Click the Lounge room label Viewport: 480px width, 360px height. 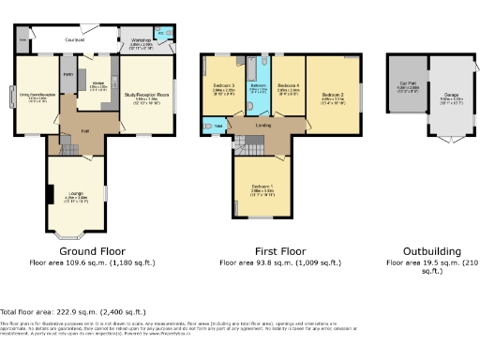coord(75,194)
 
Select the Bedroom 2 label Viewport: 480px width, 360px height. coord(333,95)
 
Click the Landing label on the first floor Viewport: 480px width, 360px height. coord(262,125)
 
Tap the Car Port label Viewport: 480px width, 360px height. coord(408,83)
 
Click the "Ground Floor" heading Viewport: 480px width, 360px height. coord(92,251)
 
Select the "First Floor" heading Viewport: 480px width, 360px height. coord(280,251)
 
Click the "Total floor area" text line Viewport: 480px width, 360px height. coord(73,311)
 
